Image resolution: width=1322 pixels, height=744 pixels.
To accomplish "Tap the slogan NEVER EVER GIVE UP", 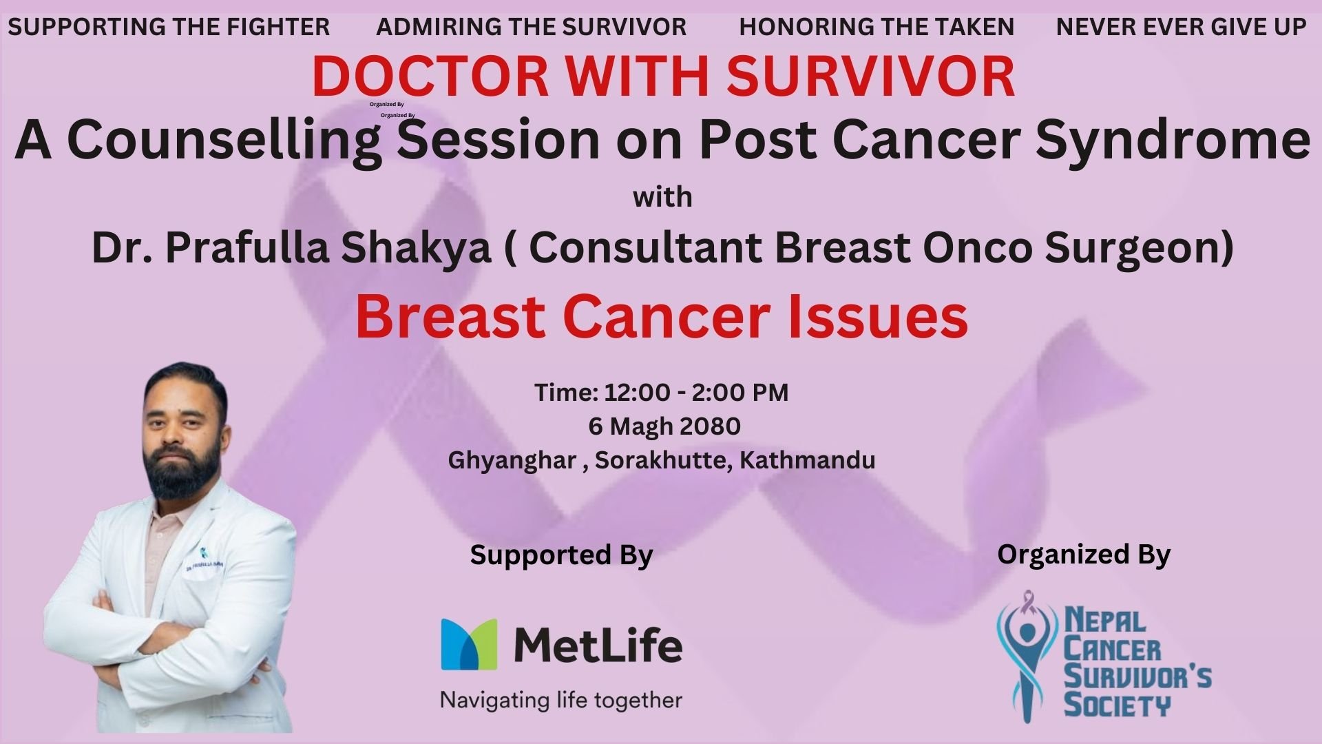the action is [1181, 27].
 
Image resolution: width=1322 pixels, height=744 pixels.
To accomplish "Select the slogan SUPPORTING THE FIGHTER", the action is [169, 27].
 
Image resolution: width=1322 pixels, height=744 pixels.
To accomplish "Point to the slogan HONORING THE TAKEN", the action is [877, 27].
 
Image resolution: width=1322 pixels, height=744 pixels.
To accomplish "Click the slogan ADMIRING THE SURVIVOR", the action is [532, 27].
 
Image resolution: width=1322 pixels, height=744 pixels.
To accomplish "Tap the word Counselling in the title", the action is [224, 141].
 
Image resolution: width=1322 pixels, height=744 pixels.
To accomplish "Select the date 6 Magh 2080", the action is [664, 427].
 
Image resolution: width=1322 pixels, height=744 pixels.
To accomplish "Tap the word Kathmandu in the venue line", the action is [807, 459].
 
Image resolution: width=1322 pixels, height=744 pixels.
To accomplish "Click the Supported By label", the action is [561, 555].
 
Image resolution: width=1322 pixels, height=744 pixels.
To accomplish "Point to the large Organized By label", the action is [1084, 555].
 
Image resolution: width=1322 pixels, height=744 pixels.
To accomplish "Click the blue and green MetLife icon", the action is [469, 644].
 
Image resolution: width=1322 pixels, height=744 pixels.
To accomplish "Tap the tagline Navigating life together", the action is [561, 701].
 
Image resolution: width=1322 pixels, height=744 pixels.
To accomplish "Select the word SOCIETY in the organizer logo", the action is [1117, 705].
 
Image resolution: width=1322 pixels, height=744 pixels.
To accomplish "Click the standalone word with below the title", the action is [662, 198].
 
